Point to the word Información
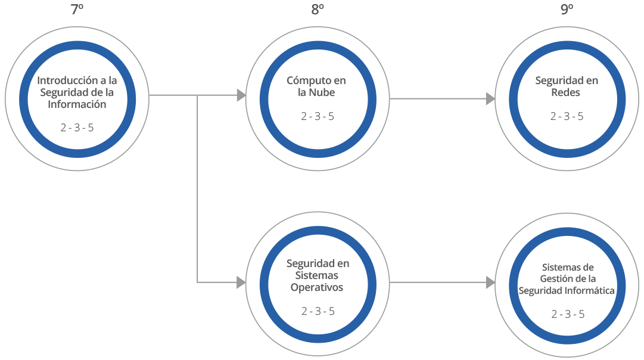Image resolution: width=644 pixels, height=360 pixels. coord(77,104)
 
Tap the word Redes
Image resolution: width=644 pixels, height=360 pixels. coord(566,92)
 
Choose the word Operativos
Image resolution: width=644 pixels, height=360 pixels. coord(317,287)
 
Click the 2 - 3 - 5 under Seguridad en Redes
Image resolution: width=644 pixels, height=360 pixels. coord(567,116)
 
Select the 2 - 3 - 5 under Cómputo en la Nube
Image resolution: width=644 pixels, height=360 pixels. coord(318,116)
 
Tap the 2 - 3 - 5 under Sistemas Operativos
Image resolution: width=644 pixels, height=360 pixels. coord(318,311)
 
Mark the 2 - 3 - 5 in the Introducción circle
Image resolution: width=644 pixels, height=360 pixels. coord(77,128)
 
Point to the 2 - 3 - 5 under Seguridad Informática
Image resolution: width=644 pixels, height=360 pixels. coord(567,314)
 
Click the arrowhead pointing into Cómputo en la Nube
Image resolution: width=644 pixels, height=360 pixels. coord(241,95)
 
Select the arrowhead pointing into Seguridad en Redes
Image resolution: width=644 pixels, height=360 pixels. coord(490,99)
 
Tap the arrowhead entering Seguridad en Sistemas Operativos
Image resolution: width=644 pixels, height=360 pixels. coord(241,282)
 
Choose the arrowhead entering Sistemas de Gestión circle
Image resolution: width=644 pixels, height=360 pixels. coord(490,282)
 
